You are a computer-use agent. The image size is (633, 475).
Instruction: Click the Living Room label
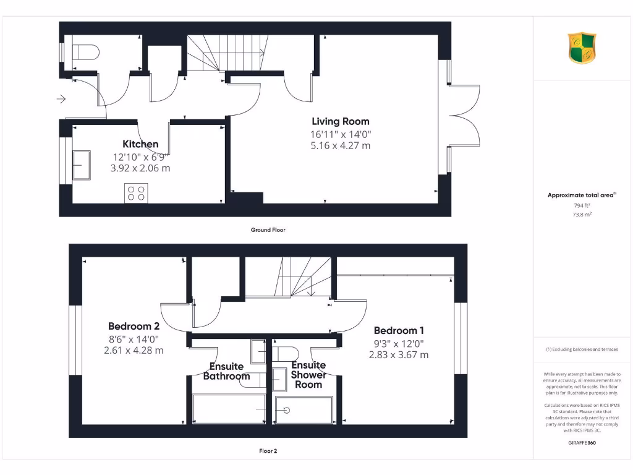pos(340,122)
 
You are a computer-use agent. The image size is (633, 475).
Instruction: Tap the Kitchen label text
pos(140,145)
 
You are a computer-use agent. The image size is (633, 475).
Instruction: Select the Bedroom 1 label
pos(399,331)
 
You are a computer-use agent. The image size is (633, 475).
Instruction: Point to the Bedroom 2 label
pos(134,327)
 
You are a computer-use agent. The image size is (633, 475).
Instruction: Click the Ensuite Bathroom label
pos(226,372)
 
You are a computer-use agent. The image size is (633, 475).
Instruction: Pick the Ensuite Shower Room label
pos(308,375)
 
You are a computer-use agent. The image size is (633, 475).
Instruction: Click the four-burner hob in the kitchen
pos(136,194)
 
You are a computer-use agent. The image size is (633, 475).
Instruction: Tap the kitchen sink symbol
pos(82,165)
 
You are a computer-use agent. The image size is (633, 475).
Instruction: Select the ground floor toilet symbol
pos(85,53)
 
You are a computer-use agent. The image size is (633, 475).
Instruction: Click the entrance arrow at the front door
pos(60,99)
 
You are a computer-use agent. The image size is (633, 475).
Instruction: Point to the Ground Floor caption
pos(268,230)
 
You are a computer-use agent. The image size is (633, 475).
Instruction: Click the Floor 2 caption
pos(268,451)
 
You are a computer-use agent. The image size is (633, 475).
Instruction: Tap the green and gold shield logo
pos(582,48)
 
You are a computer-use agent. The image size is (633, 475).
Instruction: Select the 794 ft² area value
pos(582,205)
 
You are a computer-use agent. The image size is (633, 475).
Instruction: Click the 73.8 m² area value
pos(582,215)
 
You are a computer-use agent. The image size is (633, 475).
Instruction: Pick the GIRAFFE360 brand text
pos(582,443)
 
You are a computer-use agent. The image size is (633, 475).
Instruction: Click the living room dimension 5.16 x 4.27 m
pos(340,146)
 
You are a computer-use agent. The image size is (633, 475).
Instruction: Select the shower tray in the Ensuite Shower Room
pos(304,410)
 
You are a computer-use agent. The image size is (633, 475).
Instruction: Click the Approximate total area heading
pos(581,195)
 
